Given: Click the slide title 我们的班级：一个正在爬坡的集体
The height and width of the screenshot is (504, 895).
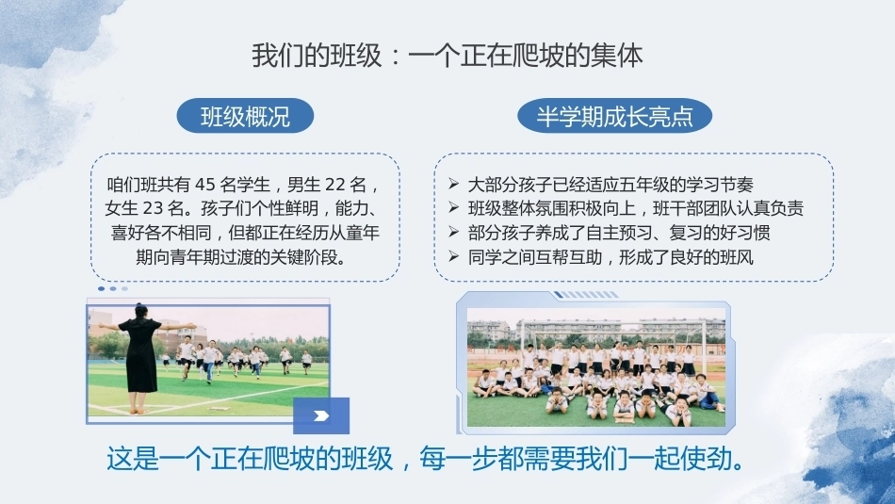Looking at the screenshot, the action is pyautogui.click(x=447, y=56).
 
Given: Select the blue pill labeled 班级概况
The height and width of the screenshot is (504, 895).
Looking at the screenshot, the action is pyautogui.click(x=246, y=116).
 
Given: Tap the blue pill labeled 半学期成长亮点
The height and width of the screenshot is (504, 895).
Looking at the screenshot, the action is pyautogui.click(x=615, y=116).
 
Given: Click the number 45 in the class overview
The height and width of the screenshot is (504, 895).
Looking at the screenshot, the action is pyautogui.click(x=205, y=185).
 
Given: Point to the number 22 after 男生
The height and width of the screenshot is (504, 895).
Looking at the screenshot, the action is pyautogui.click(x=335, y=185).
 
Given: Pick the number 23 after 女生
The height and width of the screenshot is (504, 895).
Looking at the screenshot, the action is pyautogui.click(x=152, y=208).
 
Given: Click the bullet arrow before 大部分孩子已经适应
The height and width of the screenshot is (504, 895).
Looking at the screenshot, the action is pyautogui.click(x=454, y=184).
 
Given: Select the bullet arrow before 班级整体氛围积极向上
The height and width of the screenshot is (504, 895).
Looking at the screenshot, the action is pyautogui.click(x=454, y=208).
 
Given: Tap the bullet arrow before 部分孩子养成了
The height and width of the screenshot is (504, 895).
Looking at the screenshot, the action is pyautogui.click(x=454, y=232).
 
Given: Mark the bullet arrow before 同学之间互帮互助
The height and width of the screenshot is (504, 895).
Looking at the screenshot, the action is pyautogui.click(x=454, y=256).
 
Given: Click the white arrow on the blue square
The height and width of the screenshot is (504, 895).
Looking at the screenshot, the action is pyautogui.click(x=321, y=415).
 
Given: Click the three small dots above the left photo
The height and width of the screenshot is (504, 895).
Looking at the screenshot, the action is pyautogui.click(x=113, y=289).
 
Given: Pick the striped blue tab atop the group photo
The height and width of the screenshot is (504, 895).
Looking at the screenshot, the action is pyautogui.click(x=586, y=295).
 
